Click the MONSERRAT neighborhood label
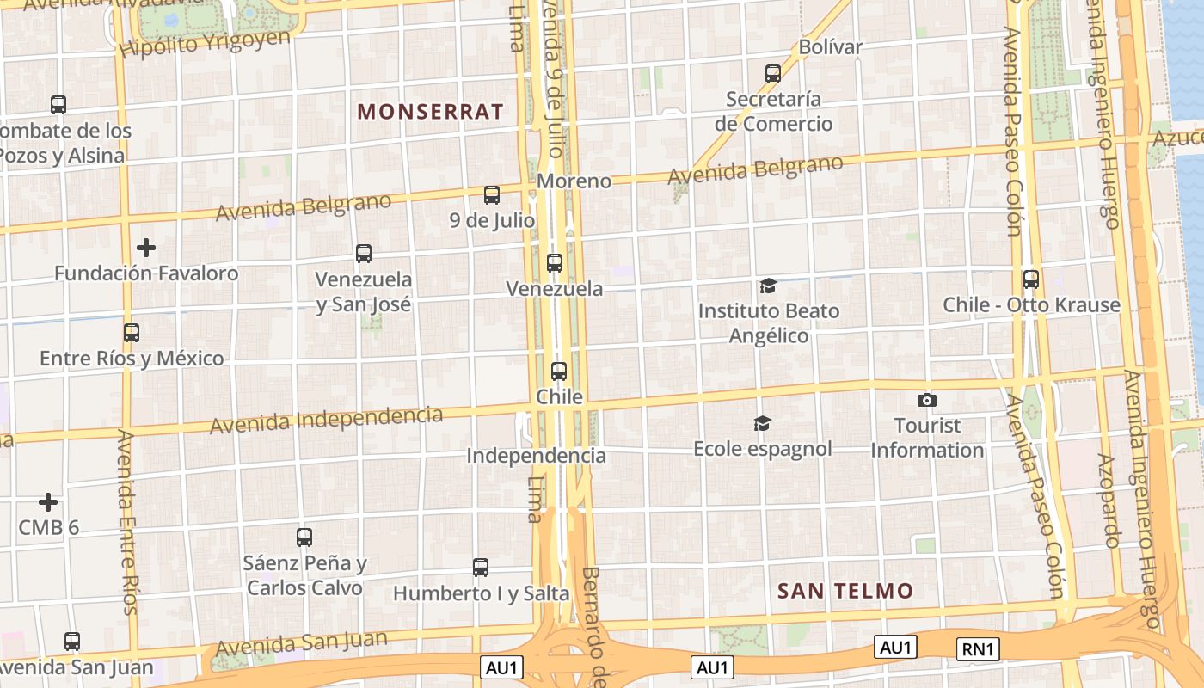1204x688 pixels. (430, 112)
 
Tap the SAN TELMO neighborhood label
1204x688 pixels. (845, 591)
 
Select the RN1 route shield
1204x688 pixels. (979, 648)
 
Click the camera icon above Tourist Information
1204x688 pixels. (926, 400)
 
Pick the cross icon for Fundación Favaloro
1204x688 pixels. (146, 248)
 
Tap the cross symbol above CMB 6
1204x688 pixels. (48, 501)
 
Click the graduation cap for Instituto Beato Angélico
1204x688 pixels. (768, 286)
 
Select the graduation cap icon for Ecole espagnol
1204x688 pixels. (762, 423)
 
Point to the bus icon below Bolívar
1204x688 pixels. (773, 74)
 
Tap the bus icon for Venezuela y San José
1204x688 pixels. (364, 254)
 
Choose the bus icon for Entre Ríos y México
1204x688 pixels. (131, 333)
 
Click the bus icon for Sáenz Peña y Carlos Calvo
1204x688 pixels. (304, 537)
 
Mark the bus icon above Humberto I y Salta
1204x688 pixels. (481, 568)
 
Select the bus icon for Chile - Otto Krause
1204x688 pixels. (1030, 279)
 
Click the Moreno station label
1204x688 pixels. (574, 181)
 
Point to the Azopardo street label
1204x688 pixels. (1109, 501)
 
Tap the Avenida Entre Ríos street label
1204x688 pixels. (127, 523)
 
